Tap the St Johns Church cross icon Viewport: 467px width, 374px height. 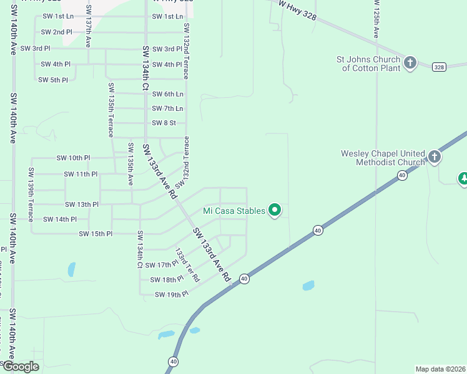[x=410, y=63]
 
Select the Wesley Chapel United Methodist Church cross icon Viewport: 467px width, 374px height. [x=435, y=156]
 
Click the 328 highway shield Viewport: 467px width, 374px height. [x=440, y=66]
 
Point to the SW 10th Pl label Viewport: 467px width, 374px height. [x=73, y=158]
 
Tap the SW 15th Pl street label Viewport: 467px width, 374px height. [x=95, y=234]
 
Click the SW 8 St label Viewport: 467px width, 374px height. [x=164, y=123]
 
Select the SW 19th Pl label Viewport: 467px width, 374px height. [x=171, y=294]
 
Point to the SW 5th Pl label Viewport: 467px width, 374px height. [x=53, y=80]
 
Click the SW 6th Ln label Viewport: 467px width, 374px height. [x=168, y=94]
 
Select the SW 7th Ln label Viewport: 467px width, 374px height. [x=168, y=108]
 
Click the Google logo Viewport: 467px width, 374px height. [x=21, y=367]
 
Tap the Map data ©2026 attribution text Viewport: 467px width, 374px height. [x=440, y=369]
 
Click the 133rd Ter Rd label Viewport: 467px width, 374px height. [x=187, y=265]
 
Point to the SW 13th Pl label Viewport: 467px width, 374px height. [x=82, y=204]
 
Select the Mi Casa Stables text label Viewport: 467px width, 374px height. [x=234, y=211]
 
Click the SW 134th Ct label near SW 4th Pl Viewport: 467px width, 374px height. [x=145, y=70]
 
